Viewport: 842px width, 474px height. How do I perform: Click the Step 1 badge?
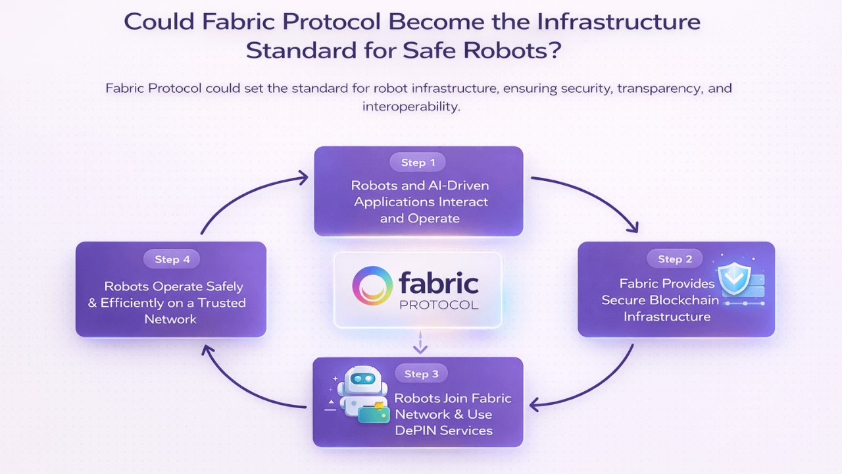(414, 162)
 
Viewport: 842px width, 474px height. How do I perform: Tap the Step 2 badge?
(675, 259)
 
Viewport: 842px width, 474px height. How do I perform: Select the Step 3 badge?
(421, 374)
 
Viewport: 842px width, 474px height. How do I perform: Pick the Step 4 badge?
(172, 259)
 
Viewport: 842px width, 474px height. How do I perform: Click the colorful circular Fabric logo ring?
(372, 286)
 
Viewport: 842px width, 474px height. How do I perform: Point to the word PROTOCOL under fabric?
(439, 305)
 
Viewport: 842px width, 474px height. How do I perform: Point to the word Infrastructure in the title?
(618, 21)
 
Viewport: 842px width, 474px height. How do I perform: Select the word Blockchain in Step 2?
(683, 300)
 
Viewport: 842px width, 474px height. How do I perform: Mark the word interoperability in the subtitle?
(410, 106)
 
